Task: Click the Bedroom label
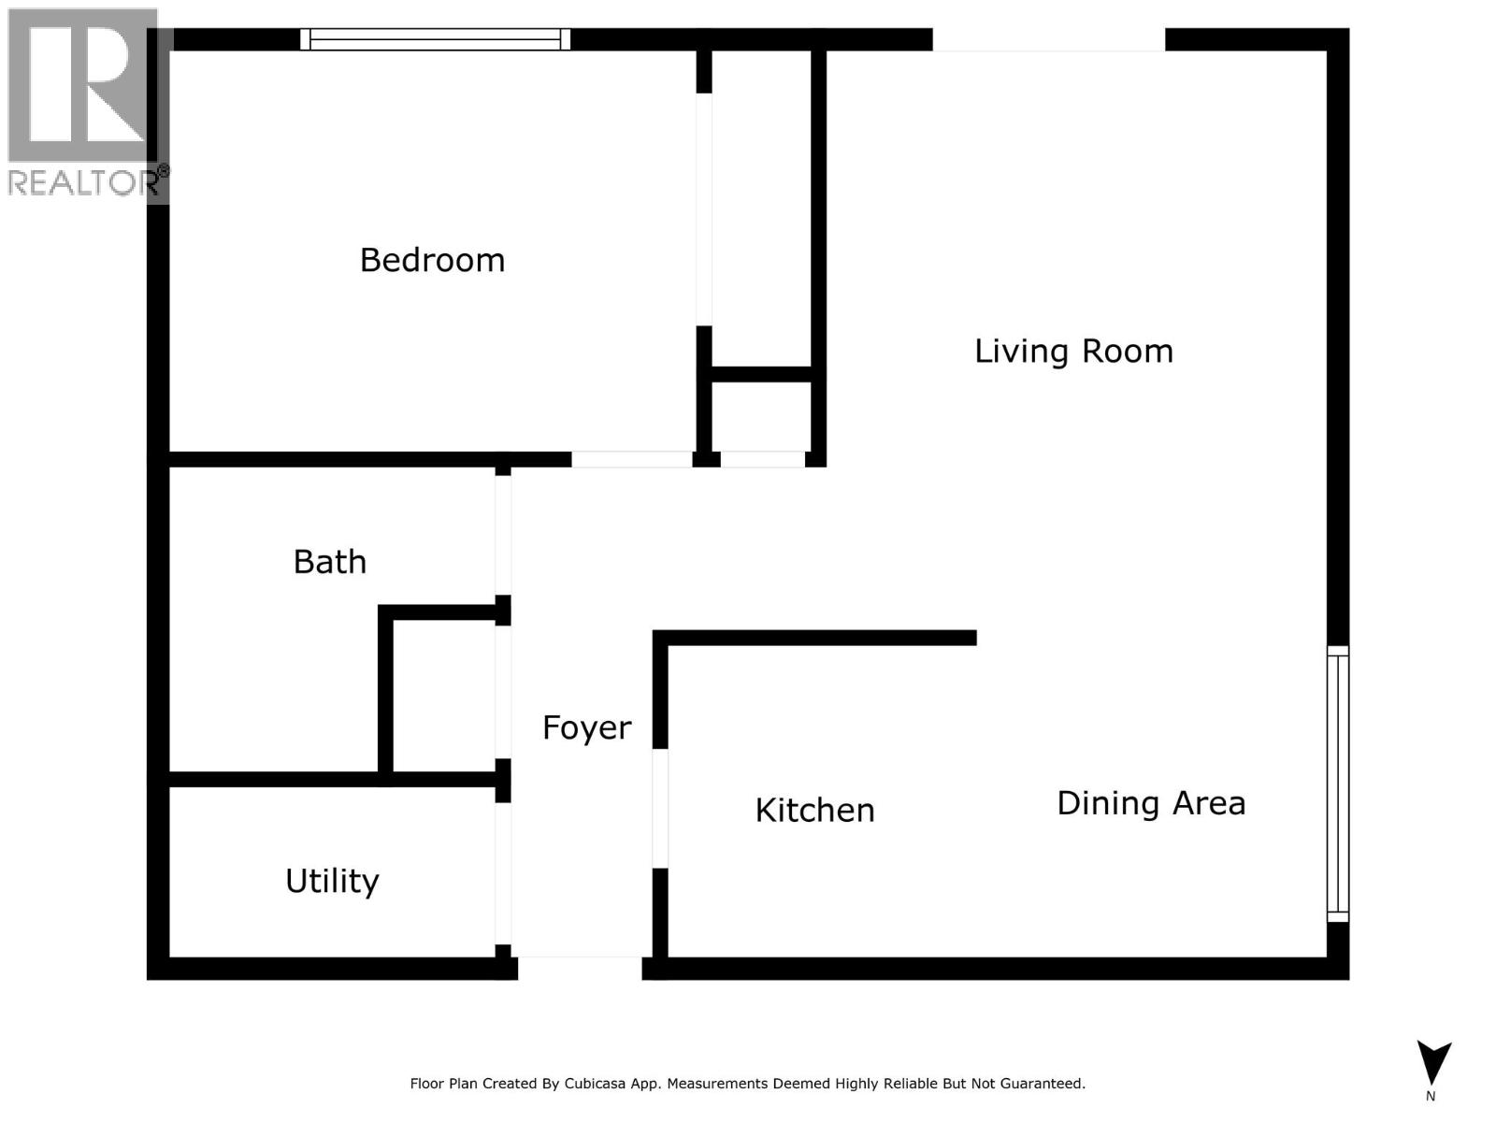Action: (x=432, y=260)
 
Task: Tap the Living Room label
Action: (x=1073, y=352)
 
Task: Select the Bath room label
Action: (x=329, y=562)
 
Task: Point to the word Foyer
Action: (x=586, y=727)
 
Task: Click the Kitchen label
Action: (x=814, y=810)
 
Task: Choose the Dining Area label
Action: (x=1150, y=803)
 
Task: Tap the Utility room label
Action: (x=332, y=881)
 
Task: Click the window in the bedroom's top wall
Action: (x=435, y=39)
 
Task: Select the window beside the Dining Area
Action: (x=1338, y=784)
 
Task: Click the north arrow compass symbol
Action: (x=1432, y=1064)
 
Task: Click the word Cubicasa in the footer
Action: (x=594, y=1084)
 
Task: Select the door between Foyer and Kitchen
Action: (x=660, y=809)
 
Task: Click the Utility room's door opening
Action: (x=503, y=874)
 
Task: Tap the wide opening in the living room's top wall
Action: (x=1048, y=39)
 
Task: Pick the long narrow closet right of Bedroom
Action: (x=761, y=210)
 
